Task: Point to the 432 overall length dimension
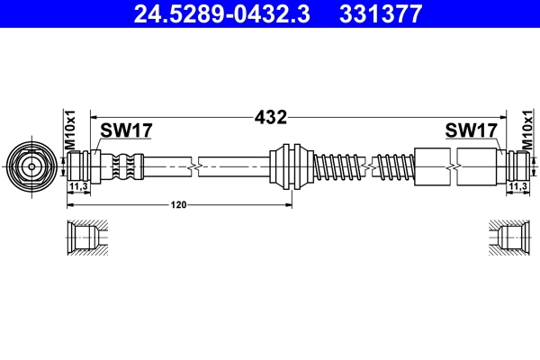point(271,117)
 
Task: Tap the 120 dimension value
point(179,206)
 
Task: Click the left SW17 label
point(125,131)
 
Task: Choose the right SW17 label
point(471,131)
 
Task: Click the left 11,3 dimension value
point(78,186)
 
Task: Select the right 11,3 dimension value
point(517,186)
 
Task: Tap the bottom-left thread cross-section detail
point(85,239)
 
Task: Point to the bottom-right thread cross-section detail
point(510,239)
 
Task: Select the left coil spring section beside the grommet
point(336,166)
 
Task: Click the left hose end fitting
point(86,166)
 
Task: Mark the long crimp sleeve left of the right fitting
point(454,166)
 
